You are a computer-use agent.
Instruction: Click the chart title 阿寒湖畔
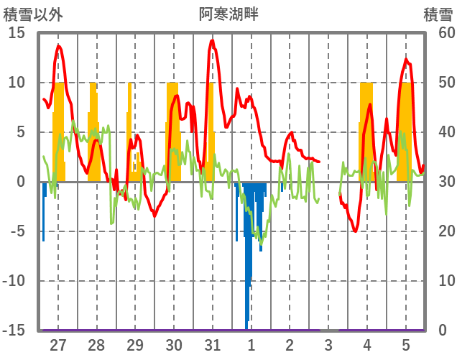tap(228, 12)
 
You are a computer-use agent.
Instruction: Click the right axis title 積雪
tap(437, 12)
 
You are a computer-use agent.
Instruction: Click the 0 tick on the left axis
tap(21, 181)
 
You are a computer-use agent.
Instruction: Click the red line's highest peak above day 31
tap(212, 41)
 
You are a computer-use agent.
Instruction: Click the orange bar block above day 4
tap(366, 129)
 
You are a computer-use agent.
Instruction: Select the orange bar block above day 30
tap(172, 129)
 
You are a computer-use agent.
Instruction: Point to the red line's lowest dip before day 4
tap(356, 231)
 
